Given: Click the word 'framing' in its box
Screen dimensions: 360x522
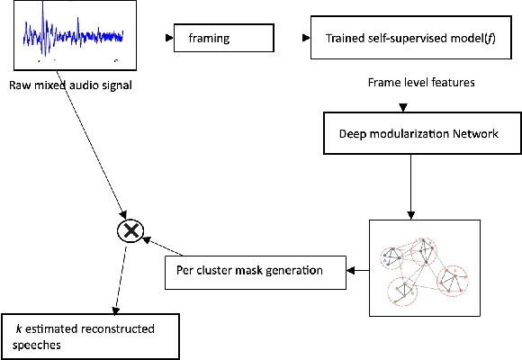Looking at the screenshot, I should tap(208, 40).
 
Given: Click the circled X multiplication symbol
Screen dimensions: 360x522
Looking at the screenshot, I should tap(131, 231).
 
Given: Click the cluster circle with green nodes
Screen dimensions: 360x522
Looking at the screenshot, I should tap(408, 289).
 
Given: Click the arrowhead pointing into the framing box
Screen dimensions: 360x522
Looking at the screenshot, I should tap(172, 40).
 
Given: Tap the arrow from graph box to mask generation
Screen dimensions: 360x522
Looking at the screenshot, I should tap(358, 270).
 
